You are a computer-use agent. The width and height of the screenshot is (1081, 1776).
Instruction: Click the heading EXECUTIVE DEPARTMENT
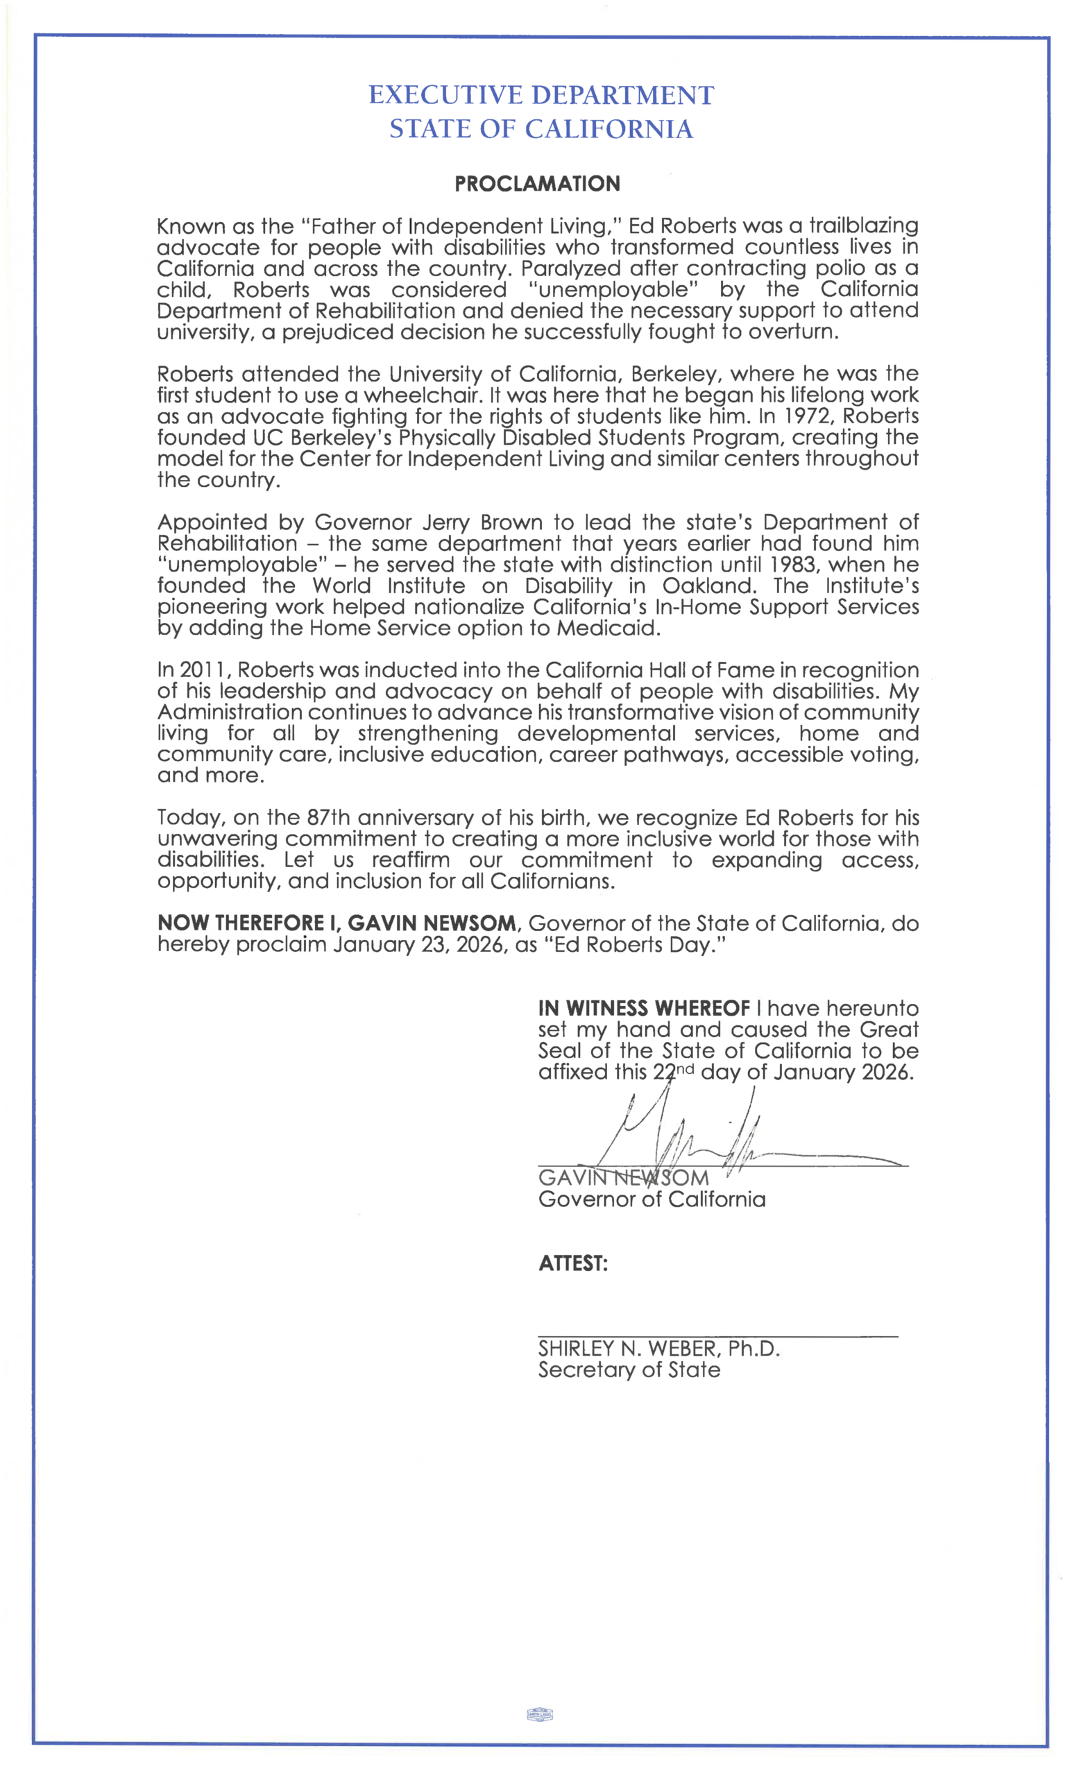(540, 95)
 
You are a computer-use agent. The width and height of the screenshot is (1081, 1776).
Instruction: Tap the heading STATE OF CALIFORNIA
(540, 129)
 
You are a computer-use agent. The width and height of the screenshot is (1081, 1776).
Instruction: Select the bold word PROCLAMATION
(537, 184)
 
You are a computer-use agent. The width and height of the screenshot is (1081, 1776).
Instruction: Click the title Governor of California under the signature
(652, 1199)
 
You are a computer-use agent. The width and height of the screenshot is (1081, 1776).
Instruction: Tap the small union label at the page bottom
(540, 1715)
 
